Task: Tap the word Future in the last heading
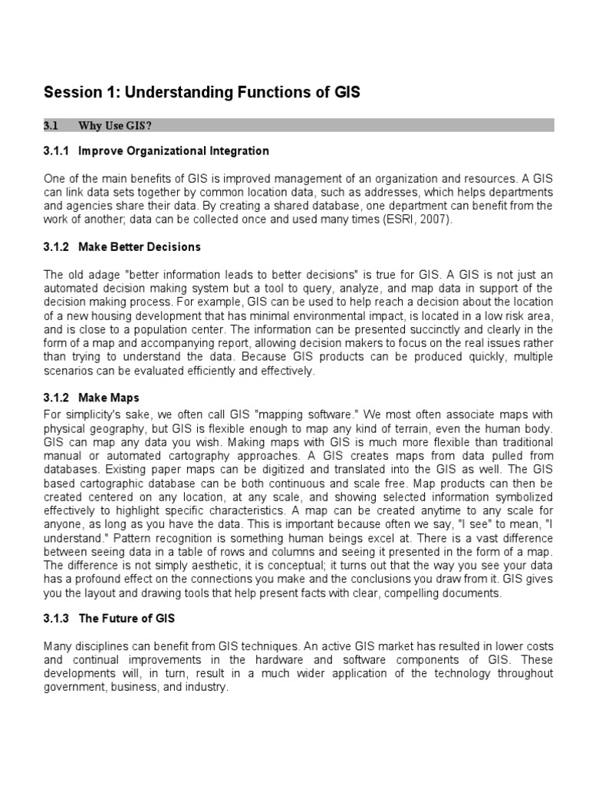click(120, 619)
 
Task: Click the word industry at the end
click(207, 688)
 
